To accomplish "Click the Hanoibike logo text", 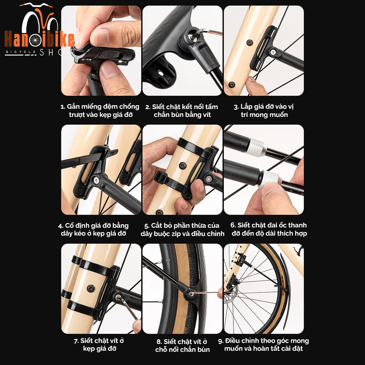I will [39, 40].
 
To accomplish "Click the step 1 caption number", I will [62, 107].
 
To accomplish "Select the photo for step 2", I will [182, 51].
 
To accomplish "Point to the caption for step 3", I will [264, 111].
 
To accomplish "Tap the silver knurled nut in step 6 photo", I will [271, 178].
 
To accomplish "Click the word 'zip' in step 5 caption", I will [187, 234].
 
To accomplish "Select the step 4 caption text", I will [93, 230].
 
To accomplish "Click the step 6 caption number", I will [233, 225].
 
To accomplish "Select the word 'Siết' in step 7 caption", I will [87, 341].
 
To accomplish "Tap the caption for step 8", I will [182, 345].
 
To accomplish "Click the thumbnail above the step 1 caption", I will [101, 51].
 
